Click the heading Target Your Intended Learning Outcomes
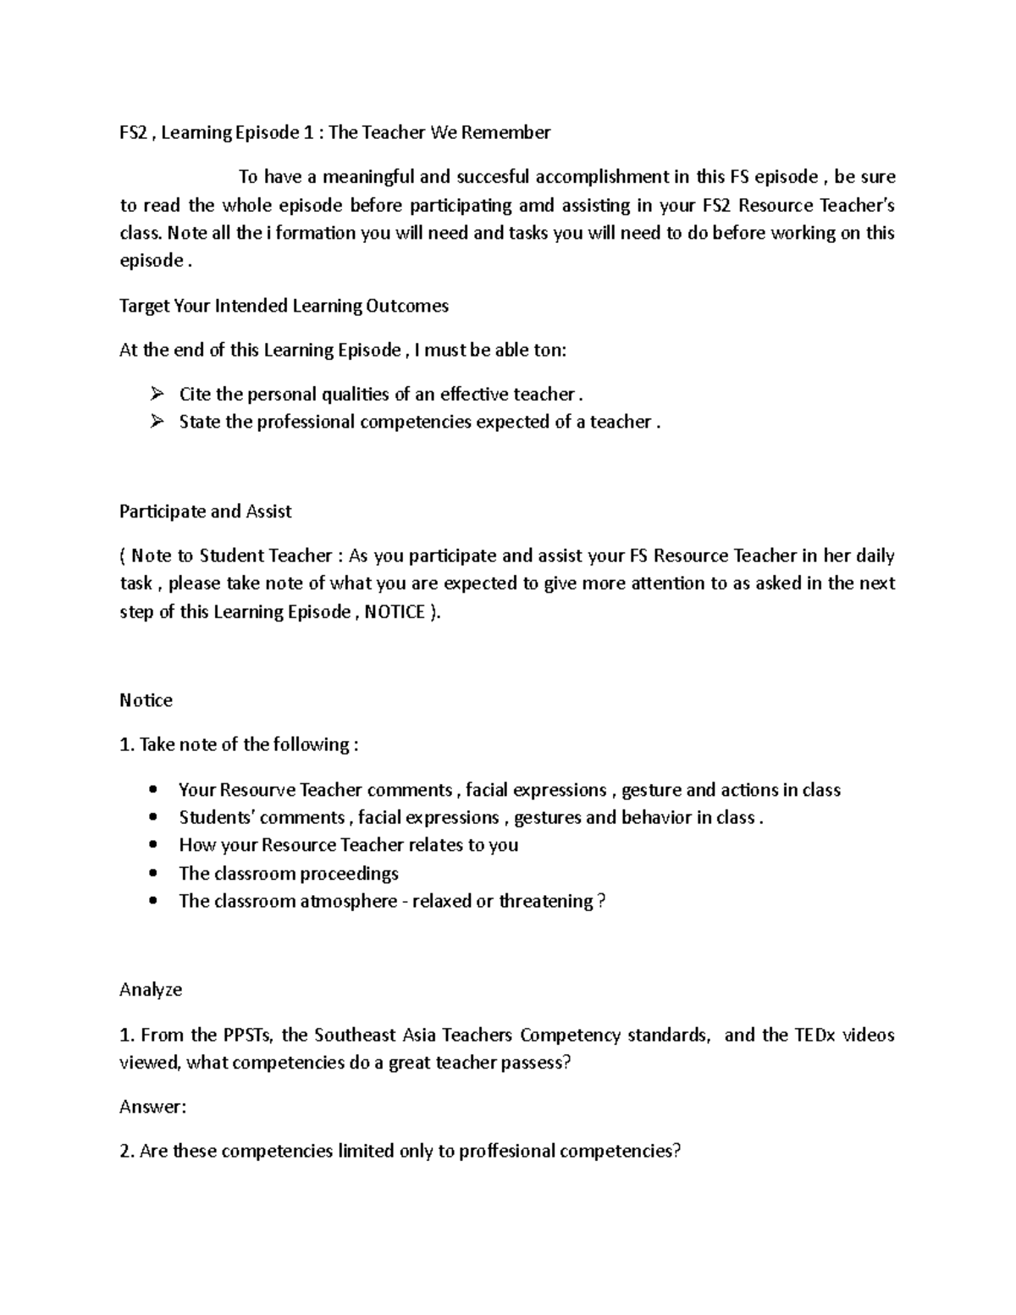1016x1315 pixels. [x=284, y=306]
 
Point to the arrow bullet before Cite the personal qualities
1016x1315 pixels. [x=156, y=394]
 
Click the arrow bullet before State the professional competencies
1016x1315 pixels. [x=156, y=422]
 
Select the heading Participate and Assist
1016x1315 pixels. [x=205, y=511]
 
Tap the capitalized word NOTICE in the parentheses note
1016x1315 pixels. [x=394, y=612]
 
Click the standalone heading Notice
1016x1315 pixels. [x=146, y=700]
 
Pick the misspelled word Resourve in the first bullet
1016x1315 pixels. [x=257, y=790]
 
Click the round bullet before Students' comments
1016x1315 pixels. [x=153, y=818]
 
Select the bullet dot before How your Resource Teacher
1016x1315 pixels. [x=153, y=846]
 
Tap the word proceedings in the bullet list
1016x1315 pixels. [x=350, y=874]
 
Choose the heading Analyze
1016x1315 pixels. [x=151, y=990]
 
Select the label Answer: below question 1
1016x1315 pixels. [x=152, y=1107]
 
